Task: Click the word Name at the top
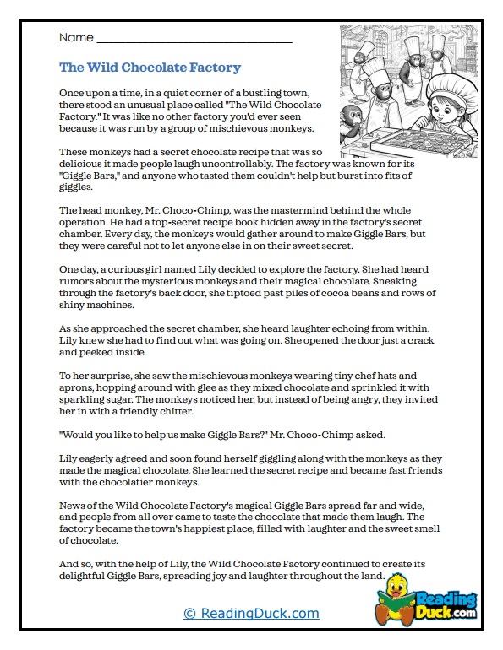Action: [x=75, y=38]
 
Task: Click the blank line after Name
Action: [x=194, y=40]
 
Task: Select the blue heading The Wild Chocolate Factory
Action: [x=150, y=68]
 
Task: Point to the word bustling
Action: [x=257, y=92]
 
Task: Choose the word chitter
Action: [x=173, y=411]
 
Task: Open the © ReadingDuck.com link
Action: [x=251, y=614]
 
